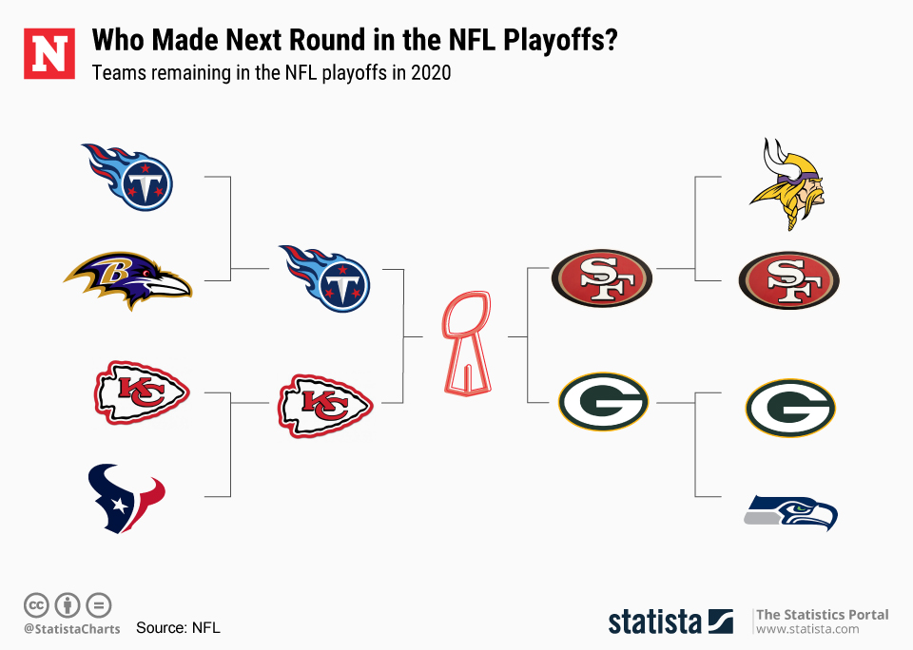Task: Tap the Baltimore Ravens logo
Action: tap(127, 280)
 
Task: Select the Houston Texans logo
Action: tap(126, 498)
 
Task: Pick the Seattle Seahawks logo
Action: tap(790, 512)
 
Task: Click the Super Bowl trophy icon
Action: tap(467, 343)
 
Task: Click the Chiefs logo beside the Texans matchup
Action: tap(142, 392)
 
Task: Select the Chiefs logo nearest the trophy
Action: tap(325, 406)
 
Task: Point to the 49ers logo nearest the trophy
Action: tap(601, 278)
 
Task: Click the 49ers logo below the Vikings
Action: tap(789, 280)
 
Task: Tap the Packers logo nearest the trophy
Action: tap(603, 402)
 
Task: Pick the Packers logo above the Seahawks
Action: tap(790, 408)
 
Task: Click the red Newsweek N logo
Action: tap(49, 53)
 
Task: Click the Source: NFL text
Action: tap(178, 627)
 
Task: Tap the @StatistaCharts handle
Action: tap(71, 629)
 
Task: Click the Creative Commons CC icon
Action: tap(36, 605)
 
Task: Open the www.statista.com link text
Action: tap(807, 629)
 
